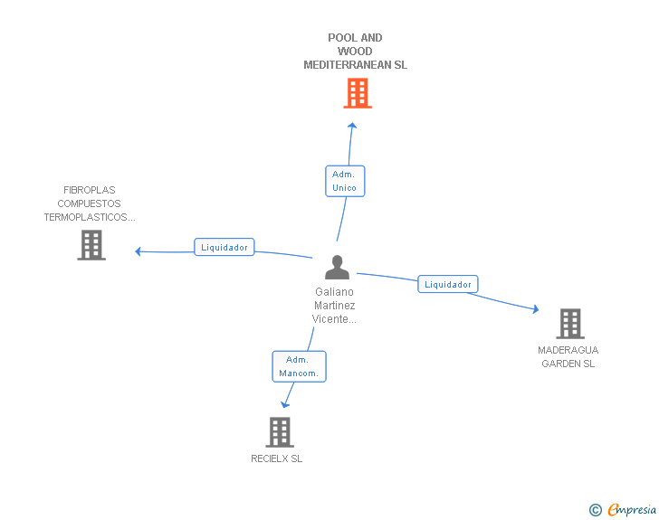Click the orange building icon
(x=358, y=93)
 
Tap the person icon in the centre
(x=337, y=267)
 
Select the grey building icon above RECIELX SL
(x=280, y=432)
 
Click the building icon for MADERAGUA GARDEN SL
(x=570, y=324)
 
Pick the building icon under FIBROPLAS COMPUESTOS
(x=91, y=245)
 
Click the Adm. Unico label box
(x=345, y=181)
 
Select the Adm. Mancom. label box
(x=300, y=366)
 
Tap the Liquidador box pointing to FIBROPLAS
(x=224, y=247)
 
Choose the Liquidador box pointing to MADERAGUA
(x=448, y=284)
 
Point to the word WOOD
(x=355, y=52)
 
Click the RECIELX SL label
(x=277, y=459)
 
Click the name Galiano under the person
(x=335, y=292)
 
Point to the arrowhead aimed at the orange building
(x=353, y=125)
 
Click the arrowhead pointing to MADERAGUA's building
(x=536, y=309)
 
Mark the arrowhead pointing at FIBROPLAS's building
(x=138, y=251)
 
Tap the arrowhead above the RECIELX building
(x=285, y=404)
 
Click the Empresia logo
(x=623, y=509)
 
